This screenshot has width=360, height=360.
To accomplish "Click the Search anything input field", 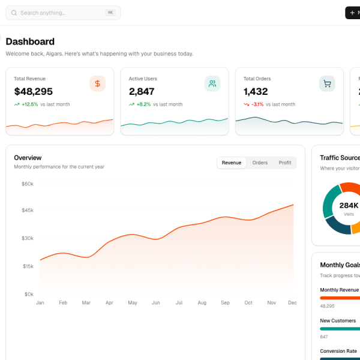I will coord(60,13).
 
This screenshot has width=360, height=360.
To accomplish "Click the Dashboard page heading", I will coord(30,41).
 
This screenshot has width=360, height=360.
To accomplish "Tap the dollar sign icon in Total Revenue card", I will coord(98,84).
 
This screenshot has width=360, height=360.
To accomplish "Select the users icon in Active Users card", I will coord(212,84).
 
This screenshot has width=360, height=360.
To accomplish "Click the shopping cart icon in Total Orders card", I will coord(327,84).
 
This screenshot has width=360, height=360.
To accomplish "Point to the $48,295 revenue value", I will coord(34,92).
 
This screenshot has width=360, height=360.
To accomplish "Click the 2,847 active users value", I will coord(142,92).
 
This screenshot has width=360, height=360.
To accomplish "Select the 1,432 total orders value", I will coord(256,92).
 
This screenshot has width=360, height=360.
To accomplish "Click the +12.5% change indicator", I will coord(29,104).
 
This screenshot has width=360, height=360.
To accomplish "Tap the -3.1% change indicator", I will coord(257,104).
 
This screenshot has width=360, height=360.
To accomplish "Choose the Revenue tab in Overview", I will coord(232,163).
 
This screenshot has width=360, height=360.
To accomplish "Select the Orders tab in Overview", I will coord(260,163).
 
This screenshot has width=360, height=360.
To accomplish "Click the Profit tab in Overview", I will coord(285,163).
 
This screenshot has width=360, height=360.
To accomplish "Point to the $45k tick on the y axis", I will coord(28,210).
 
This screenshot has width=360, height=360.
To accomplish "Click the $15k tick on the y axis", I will coord(28,266).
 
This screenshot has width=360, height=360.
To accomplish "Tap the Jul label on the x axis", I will coord(179,303).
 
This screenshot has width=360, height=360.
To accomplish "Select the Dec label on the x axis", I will coord(292,303).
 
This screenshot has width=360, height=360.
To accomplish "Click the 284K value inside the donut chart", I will coord(349,205).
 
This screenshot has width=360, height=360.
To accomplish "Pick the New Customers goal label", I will coord(338,320).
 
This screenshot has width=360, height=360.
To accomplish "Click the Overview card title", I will coord(28,158).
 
